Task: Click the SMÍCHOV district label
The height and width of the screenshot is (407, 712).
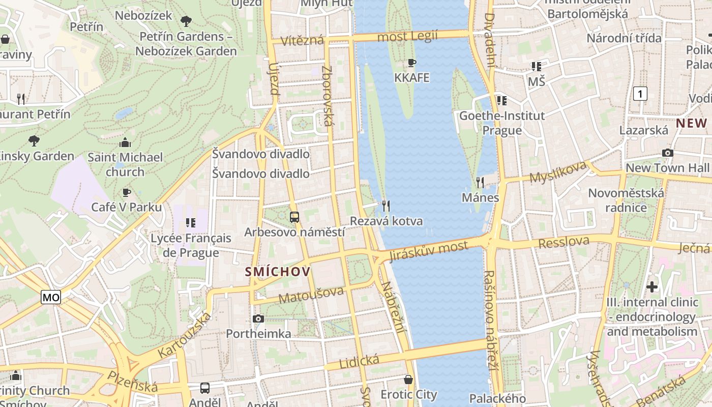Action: pyautogui.click(x=278, y=272)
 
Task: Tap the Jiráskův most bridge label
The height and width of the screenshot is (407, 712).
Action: pyautogui.click(x=428, y=250)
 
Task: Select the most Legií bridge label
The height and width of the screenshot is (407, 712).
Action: pyautogui.click(x=407, y=37)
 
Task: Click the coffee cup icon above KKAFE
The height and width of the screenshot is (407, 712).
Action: pyautogui.click(x=412, y=63)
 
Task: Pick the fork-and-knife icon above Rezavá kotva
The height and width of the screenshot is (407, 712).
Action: pyautogui.click(x=386, y=206)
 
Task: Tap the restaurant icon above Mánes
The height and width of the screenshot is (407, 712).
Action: pyautogui.click(x=480, y=182)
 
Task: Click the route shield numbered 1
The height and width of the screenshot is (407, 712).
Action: pyautogui.click(x=640, y=94)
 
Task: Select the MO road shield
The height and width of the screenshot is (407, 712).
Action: pyautogui.click(x=51, y=298)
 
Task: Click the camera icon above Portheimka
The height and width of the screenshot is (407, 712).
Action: pyautogui.click(x=258, y=319)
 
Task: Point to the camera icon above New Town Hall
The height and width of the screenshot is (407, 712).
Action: pyautogui.click(x=667, y=153)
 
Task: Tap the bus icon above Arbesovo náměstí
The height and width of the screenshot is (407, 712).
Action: pyautogui.click(x=294, y=217)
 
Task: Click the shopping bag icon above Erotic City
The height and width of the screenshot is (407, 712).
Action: pyautogui.click(x=408, y=380)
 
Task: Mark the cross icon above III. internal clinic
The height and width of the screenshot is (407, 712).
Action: pyautogui.click(x=652, y=287)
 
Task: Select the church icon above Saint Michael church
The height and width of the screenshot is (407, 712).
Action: pyautogui.click(x=125, y=142)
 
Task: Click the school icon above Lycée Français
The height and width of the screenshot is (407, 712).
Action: pyautogui.click(x=191, y=223)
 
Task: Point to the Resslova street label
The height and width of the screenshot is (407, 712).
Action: pyautogui.click(x=563, y=242)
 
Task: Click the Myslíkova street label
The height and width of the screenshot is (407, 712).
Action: pyautogui.click(x=558, y=172)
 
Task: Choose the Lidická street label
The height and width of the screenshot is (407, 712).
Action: pyautogui.click(x=359, y=362)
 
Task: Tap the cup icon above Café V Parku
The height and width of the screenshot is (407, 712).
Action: pyautogui.click(x=127, y=192)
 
